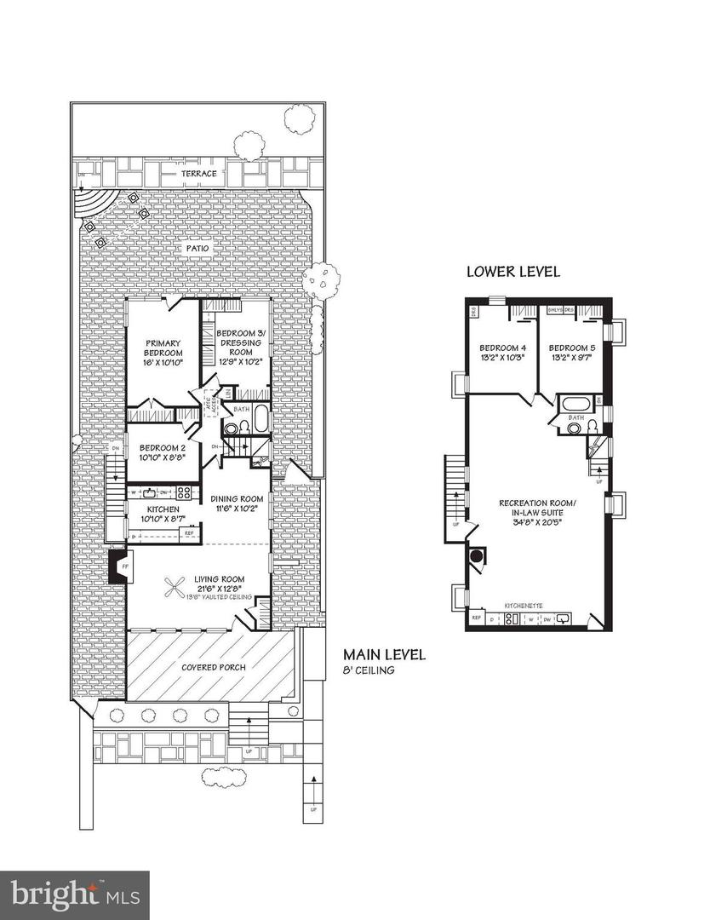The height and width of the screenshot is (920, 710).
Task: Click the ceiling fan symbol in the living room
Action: [177, 588]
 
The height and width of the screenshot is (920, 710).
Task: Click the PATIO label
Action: [198, 248]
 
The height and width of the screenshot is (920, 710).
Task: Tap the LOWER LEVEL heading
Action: [512, 272]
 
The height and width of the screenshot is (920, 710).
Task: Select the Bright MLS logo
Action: [75, 894]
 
